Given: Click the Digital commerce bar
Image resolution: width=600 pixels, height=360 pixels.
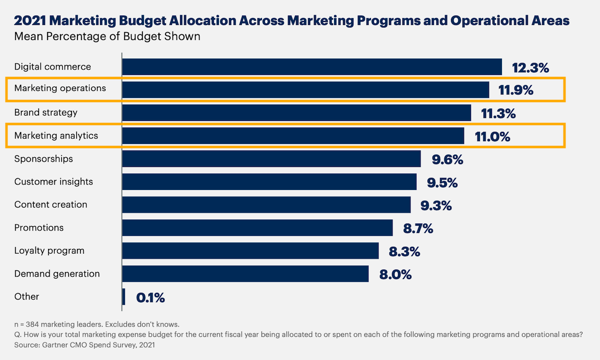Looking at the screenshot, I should pos(311,67).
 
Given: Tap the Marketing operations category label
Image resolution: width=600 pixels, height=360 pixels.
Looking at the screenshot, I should pos(60,88).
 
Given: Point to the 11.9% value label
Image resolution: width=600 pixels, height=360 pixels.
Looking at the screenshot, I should pos(516,90).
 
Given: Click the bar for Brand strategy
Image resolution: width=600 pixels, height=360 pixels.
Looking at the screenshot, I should pos(296,113).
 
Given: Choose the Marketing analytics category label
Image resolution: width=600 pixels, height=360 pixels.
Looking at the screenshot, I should pos(56,135).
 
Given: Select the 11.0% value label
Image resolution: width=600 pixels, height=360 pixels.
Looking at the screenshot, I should pos(492,136).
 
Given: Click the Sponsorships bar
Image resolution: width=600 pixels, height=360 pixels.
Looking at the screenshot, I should pos(271,159).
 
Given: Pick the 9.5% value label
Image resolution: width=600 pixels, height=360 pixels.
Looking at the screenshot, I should pos(442,182).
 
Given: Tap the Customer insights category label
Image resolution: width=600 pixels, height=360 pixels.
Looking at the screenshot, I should pos(53,182).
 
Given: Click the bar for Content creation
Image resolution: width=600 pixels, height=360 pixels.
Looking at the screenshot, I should pos(266,205).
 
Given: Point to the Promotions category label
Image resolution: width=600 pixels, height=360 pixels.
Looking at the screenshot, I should pos(39,228).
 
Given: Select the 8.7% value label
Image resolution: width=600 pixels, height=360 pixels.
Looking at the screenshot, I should pos(418,229).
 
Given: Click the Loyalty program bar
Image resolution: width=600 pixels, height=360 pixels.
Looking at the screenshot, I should pos(250,251).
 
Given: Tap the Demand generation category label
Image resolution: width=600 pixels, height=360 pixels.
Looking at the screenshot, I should pos(57,274).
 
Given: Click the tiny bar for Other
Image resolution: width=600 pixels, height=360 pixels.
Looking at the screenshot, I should pos(123,297).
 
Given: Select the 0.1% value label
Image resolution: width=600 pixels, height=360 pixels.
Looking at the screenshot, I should pos(150,298).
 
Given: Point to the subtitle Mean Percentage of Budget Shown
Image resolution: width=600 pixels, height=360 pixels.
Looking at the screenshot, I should pos(107,36).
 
